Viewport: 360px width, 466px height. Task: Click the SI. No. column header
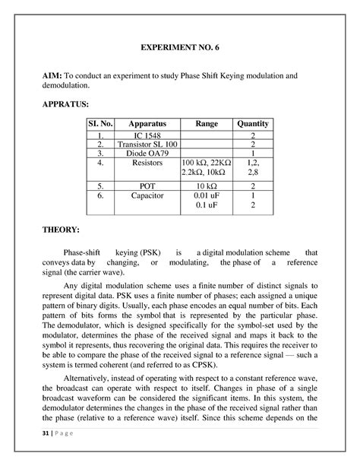click(99, 123)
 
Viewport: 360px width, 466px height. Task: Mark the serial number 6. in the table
click(99, 195)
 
